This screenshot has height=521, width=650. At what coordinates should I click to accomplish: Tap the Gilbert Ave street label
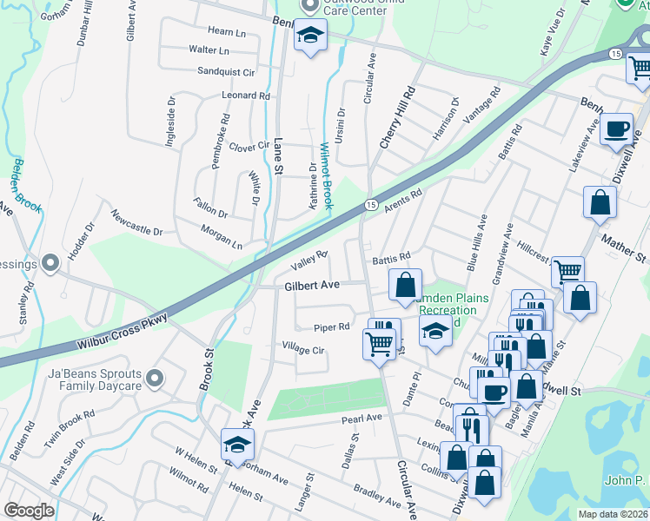point(310,285)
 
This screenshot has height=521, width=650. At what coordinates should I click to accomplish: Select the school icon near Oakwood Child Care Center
point(309,36)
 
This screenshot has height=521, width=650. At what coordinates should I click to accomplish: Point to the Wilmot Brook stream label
point(326,175)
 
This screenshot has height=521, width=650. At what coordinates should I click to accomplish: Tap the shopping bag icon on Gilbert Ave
point(405,285)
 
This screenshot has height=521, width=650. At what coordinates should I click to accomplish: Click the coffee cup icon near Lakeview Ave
point(617,129)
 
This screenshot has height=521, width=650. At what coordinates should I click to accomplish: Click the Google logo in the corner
point(29,511)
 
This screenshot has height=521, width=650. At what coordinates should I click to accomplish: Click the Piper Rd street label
point(331,327)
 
